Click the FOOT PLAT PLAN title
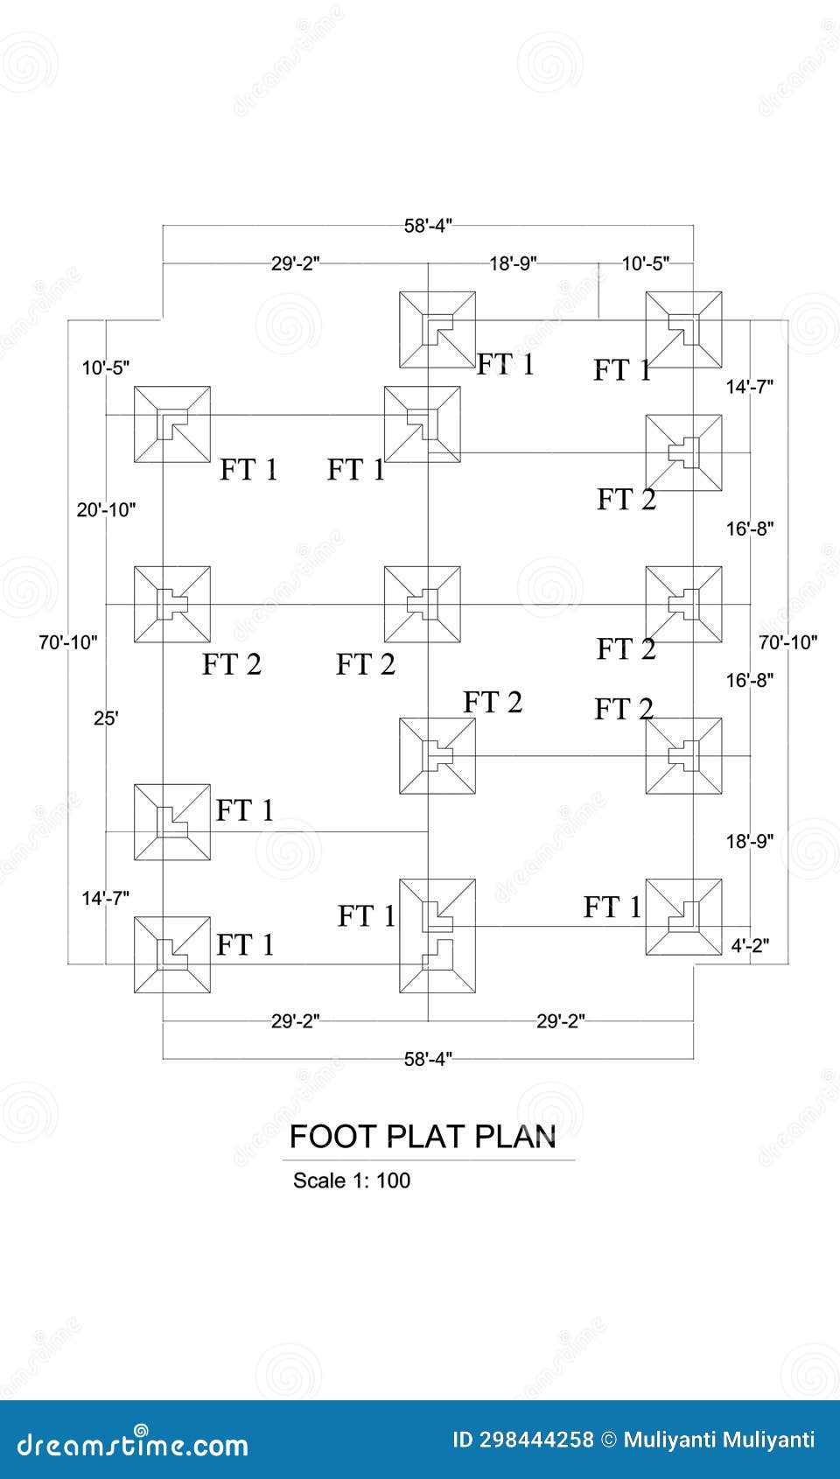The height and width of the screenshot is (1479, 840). coord(423,1136)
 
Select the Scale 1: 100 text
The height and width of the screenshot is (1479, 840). coord(351,1181)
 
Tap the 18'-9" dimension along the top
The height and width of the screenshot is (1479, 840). coord(513,263)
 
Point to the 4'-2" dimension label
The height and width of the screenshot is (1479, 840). coord(751,945)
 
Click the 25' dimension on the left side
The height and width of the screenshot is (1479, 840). coord(106,718)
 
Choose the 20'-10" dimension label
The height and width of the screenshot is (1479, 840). coord(106,509)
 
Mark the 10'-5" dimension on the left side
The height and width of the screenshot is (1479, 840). coord(106,368)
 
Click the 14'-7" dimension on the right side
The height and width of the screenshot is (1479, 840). coord(750,387)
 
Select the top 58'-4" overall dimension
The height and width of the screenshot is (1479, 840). coord(428,226)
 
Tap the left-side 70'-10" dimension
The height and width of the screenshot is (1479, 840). coord(68,642)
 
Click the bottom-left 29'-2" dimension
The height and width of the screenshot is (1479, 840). coord(295,1020)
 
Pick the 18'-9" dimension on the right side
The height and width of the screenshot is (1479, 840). coord(750,841)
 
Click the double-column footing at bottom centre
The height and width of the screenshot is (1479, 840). coord(437,936)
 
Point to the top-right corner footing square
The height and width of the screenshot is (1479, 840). coord(683,330)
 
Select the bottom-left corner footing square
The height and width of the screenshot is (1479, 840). coord(172,955)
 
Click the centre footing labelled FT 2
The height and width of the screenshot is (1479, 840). coord(423,605)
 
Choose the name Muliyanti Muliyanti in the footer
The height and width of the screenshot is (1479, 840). coord(719,1440)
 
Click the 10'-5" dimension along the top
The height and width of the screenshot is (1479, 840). coord(646,263)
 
